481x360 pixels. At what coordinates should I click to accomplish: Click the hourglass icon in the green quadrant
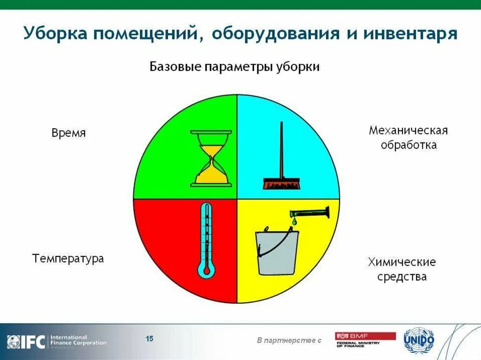[x=211, y=158]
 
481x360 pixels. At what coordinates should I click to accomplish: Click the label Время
[x=69, y=133]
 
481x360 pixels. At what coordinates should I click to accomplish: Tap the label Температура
[x=68, y=258]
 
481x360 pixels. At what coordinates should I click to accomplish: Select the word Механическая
[x=408, y=130]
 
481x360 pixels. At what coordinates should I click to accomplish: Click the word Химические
[x=402, y=261]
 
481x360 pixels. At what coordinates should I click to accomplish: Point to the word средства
[x=402, y=276]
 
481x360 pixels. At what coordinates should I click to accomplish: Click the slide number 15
[x=149, y=338]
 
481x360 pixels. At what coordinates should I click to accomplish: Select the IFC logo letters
[x=33, y=341]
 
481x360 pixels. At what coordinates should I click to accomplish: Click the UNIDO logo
[x=419, y=340]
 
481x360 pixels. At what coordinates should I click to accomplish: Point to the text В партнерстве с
[x=289, y=340]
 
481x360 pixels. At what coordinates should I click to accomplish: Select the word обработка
[x=408, y=145]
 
